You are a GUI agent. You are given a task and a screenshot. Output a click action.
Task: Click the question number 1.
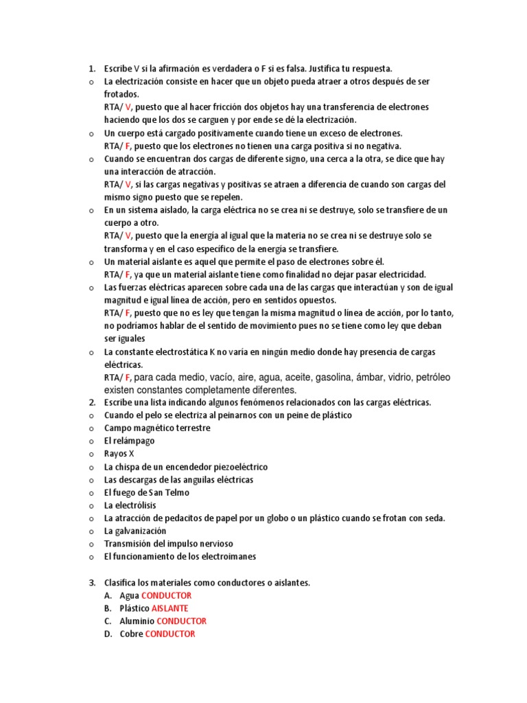(x=91, y=69)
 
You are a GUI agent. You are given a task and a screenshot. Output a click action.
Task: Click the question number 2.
(x=91, y=402)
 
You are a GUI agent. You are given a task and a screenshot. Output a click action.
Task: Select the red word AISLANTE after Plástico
(x=169, y=608)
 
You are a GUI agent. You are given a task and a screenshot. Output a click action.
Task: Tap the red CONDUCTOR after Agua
(x=166, y=596)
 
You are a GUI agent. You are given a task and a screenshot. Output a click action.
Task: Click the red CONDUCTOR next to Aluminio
(x=181, y=621)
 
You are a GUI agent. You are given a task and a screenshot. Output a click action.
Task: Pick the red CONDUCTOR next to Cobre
(x=170, y=634)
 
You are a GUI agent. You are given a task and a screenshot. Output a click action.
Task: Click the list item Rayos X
(x=119, y=454)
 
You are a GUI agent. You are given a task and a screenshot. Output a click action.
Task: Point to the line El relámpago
(x=129, y=441)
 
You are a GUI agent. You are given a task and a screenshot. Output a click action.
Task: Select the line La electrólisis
(x=130, y=505)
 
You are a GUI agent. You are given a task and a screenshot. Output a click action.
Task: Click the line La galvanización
(x=135, y=531)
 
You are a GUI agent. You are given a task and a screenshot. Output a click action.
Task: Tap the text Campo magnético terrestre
(x=157, y=428)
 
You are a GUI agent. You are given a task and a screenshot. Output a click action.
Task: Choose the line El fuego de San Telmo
(x=146, y=492)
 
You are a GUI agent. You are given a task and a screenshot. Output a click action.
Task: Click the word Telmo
(x=176, y=492)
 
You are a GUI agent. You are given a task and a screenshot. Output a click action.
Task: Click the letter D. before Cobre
(x=108, y=634)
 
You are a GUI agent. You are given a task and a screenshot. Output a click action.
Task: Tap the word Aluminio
(x=137, y=621)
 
